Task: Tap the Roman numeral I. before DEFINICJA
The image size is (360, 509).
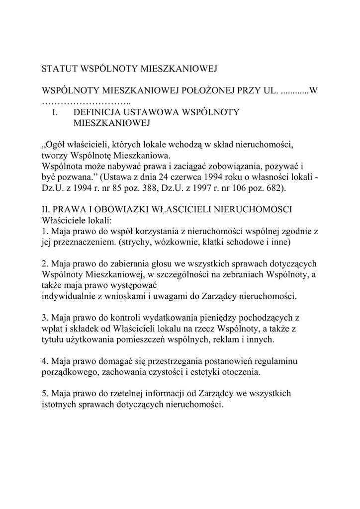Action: [x=55, y=112]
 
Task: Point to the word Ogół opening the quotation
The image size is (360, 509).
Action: [x=53, y=145]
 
